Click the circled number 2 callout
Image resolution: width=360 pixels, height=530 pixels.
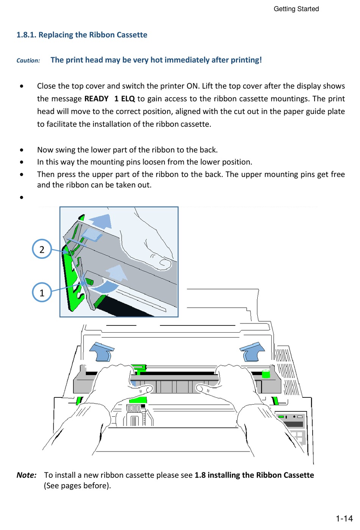[42, 249]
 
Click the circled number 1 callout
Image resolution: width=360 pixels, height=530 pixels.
[42, 292]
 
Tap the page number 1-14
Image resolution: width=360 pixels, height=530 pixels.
[344, 519]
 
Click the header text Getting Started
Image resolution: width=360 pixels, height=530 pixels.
[296, 9]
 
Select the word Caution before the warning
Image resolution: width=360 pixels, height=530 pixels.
[28, 61]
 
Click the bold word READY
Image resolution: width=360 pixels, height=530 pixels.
[96, 99]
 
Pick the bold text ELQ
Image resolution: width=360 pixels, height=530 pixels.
[128, 99]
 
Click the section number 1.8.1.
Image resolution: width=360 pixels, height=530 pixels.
[26, 35]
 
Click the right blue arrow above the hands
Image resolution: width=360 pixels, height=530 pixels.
[252, 351]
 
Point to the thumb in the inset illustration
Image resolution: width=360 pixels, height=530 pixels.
[161, 262]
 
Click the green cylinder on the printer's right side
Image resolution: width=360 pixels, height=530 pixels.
[266, 374]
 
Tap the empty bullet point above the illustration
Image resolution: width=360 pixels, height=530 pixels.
[22, 197]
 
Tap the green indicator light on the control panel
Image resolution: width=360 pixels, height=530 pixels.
[281, 416]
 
